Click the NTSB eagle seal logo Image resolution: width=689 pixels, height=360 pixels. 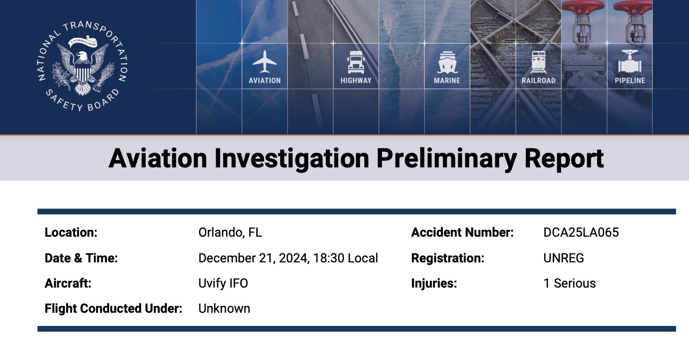[82, 67]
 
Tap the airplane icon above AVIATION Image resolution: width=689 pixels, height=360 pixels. [264, 62]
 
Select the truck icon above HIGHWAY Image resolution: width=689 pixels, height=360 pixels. [356, 62]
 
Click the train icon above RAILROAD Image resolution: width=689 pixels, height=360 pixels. [538, 62]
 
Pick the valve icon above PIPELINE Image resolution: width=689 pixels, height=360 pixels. [630, 61]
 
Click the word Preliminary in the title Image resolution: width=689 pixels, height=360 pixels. [447, 159]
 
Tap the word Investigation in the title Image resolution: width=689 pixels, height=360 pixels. [292, 159]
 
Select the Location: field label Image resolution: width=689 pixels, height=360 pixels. [71, 232]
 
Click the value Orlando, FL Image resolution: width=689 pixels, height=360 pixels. [230, 232]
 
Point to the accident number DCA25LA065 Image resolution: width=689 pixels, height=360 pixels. [581, 232]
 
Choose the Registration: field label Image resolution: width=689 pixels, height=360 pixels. [448, 258]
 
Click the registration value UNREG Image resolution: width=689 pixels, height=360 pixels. [564, 258]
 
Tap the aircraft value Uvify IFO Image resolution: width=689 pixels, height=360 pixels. [223, 283]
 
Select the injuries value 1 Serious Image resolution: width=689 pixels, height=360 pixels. [570, 283]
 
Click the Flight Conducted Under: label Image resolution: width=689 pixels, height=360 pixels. [113, 308]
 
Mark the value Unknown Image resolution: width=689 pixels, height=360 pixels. [224, 308]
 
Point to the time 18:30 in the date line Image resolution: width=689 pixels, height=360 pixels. [328, 258]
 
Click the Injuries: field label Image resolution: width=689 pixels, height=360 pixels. [434, 283]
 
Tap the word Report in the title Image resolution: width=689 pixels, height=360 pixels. [564, 159]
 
